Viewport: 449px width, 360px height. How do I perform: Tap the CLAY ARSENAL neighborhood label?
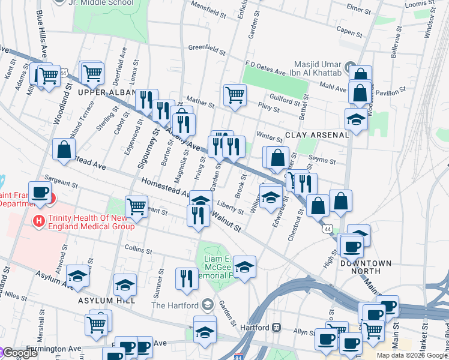(316, 135)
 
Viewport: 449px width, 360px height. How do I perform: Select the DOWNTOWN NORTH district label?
(366, 263)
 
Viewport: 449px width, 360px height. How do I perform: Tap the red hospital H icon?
(39, 221)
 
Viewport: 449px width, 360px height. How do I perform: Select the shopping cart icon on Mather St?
(235, 95)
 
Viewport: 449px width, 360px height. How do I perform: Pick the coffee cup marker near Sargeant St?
(40, 193)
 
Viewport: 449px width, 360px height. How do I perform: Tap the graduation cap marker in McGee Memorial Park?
(244, 267)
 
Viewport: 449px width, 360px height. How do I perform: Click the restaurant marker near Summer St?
(186, 278)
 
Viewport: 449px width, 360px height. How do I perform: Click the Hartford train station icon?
(277, 328)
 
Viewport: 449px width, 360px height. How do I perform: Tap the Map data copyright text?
(412, 355)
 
